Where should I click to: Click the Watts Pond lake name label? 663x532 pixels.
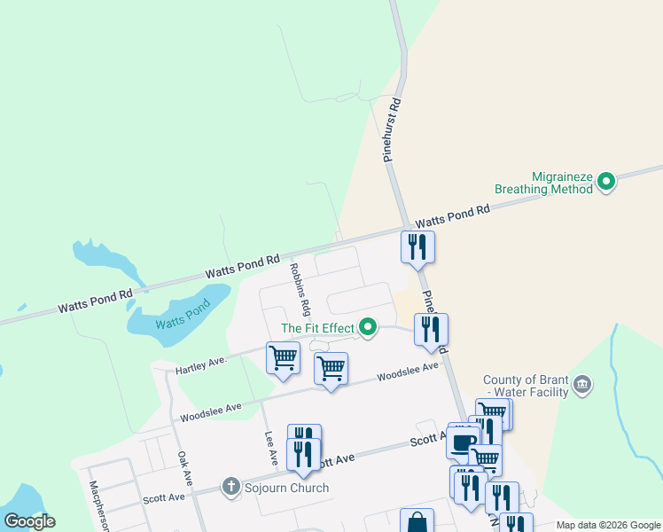(x=183, y=317)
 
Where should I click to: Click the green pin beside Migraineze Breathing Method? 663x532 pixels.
(x=607, y=183)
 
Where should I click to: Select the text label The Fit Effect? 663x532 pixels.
(x=317, y=328)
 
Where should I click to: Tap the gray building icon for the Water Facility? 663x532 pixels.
(x=582, y=383)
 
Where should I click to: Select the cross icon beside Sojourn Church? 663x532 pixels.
(x=230, y=486)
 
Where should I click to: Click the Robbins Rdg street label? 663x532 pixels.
(x=299, y=288)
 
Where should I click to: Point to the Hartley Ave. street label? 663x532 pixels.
(x=202, y=364)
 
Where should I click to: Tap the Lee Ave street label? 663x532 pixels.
(x=271, y=450)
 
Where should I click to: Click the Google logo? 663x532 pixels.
(x=29, y=520)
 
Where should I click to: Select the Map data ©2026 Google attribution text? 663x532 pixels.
(x=607, y=525)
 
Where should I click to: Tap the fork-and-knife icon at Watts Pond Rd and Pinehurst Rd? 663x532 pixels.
(x=417, y=246)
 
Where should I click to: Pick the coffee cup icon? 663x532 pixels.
(x=463, y=441)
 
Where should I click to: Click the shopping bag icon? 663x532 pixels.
(x=417, y=522)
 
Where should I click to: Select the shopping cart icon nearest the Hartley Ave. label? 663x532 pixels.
(x=283, y=358)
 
